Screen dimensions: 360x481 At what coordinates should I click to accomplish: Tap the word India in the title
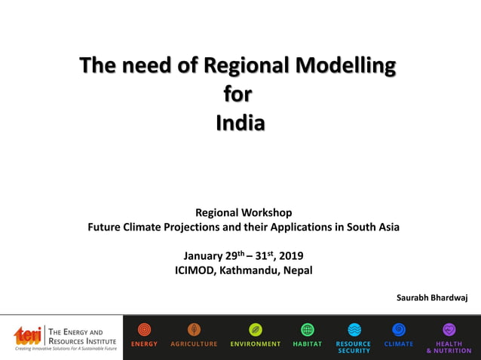pyautogui.click(x=240, y=121)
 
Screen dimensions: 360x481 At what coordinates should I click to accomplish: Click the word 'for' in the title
pyautogui.click(x=238, y=94)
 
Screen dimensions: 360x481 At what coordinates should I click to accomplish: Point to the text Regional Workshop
pyautogui.click(x=244, y=213)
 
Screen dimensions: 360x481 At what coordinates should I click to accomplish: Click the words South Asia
pyautogui.click(x=372, y=227)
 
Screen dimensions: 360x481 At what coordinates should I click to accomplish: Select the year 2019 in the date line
pyautogui.click(x=291, y=256)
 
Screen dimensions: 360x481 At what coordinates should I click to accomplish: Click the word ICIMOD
pyautogui.click(x=195, y=270)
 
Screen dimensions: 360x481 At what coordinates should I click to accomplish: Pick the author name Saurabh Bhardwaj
pyautogui.click(x=432, y=297)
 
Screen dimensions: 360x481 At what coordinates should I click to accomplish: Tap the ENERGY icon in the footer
pyautogui.click(x=144, y=329)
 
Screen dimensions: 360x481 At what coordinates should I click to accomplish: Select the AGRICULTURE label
pyautogui.click(x=194, y=344)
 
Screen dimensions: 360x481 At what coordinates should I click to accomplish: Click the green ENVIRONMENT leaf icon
pyautogui.click(x=256, y=329)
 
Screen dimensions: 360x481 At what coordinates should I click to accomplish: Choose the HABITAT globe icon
pyautogui.click(x=307, y=329)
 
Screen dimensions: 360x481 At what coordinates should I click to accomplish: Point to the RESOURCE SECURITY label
pyautogui.click(x=354, y=347)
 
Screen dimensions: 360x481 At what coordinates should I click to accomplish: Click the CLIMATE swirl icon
pyautogui.click(x=399, y=329)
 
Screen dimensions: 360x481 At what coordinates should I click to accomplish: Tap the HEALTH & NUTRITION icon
pyautogui.click(x=449, y=329)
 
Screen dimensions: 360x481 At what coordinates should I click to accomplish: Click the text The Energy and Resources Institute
pyautogui.click(x=81, y=336)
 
